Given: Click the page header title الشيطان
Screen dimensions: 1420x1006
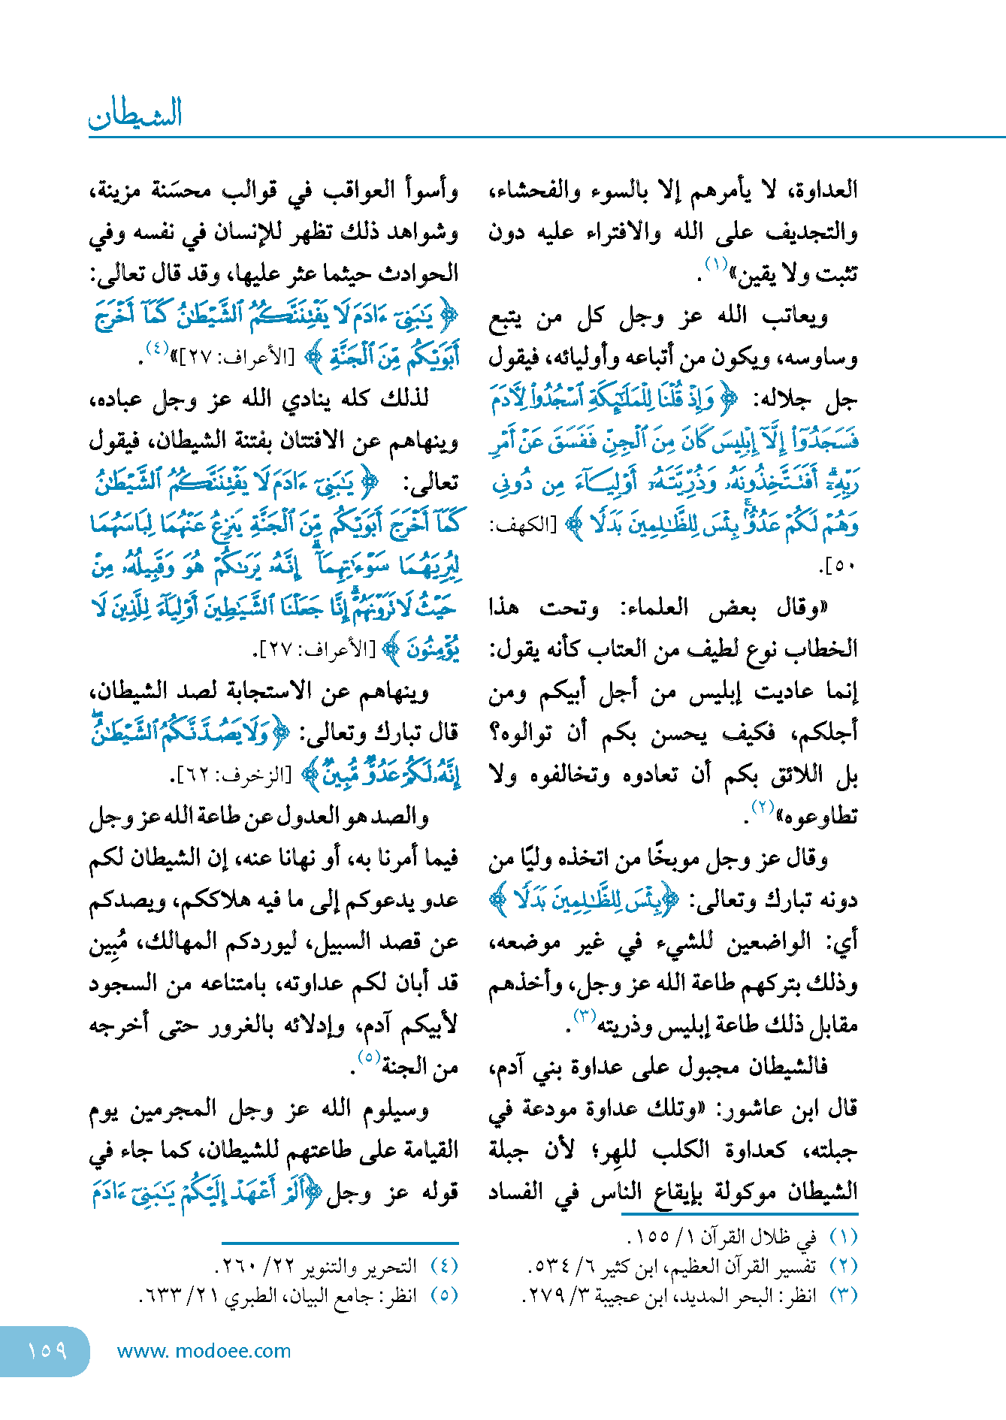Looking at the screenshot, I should coord(136,114).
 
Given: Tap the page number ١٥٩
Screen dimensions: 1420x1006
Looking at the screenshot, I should coord(47,1351).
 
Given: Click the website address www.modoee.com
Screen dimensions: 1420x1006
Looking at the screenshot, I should coord(204,1351).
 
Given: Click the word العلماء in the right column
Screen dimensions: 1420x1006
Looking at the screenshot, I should coord(653,607).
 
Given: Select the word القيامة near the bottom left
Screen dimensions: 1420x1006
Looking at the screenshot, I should coord(421,1150).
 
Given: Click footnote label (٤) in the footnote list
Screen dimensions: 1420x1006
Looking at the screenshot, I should coord(444,1267).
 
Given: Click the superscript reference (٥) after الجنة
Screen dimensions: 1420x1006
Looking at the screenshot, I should coord(367,1057).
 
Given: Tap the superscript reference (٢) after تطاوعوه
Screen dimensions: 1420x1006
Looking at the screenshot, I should coord(763,807).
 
